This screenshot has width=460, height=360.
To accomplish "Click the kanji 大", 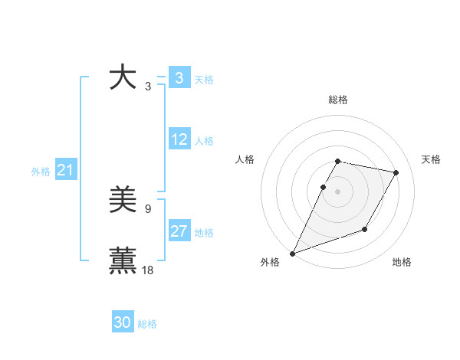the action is [x=123, y=78].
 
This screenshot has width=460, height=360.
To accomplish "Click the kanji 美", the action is [x=123, y=201].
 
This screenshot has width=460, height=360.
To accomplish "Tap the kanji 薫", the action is [x=123, y=261].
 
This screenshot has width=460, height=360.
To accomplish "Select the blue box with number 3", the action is [x=179, y=78].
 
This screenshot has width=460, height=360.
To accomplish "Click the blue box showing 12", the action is [x=179, y=139].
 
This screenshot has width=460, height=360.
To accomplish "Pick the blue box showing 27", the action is [x=179, y=231].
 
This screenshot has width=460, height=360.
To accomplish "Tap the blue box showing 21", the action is [x=65, y=171].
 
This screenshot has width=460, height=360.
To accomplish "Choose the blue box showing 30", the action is [x=123, y=323].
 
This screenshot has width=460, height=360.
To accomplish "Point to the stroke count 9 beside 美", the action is [x=148, y=208].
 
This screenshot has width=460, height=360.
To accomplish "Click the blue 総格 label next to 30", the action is [x=147, y=324].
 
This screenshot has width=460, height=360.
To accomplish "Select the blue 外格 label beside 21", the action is [x=41, y=172].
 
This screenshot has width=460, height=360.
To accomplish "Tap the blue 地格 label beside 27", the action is [x=204, y=233].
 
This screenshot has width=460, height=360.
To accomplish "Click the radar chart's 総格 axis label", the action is [x=338, y=100].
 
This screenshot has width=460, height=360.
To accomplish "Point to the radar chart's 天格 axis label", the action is [x=432, y=159].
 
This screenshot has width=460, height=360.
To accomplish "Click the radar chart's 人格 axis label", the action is [x=245, y=159].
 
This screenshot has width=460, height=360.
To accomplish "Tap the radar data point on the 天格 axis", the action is [x=396, y=173].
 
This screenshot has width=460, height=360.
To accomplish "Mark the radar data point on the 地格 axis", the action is [x=365, y=229].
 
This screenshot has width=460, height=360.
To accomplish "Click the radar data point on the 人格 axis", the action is [x=324, y=187].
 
